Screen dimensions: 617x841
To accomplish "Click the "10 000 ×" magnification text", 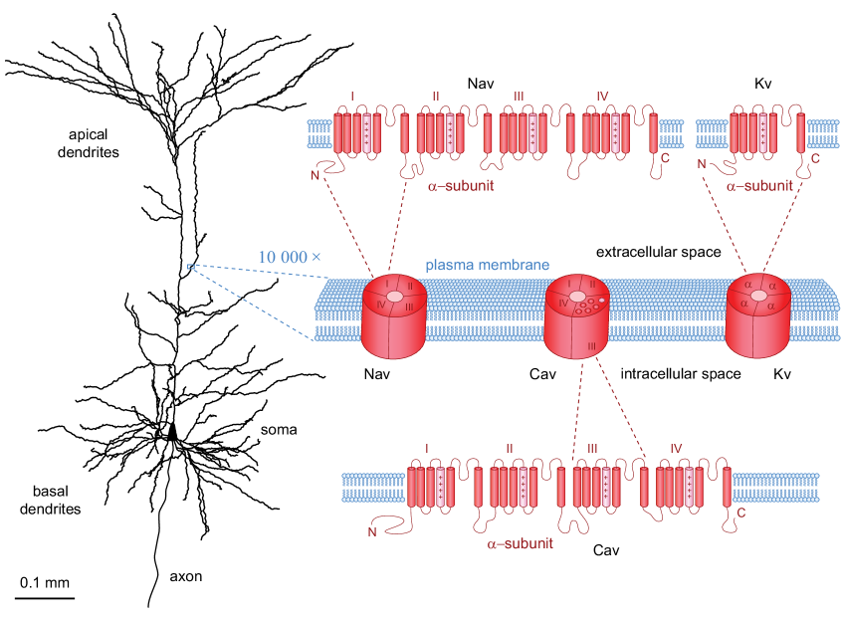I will click(x=290, y=257).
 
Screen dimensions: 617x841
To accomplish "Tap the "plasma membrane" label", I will click(x=487, y=266).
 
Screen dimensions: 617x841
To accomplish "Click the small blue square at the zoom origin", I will click(x=190, y=266).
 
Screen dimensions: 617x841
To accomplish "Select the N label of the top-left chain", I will click(x=315, y=175).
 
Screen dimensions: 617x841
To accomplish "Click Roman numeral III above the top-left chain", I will click(x=519, y=97).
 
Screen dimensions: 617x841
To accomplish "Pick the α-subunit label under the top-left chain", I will click(x=461, y=185).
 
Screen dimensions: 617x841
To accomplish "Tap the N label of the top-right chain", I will click(x=702, y=164).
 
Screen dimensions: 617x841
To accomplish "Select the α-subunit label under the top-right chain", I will click(x=759, y=185).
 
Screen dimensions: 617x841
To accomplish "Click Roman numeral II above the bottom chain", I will click(x=510, y=449).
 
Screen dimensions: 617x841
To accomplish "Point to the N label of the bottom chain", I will click(x=371, y=531).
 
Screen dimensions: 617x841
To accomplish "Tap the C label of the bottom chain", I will click(x=740, y=514).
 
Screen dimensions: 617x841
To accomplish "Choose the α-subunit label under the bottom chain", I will click(x=520, y=543).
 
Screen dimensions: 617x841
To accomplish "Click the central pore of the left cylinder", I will click(x=395, y=297).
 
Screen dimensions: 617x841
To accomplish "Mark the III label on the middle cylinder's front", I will click(x=591, y=345).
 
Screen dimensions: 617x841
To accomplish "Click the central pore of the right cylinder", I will click(x=759, y=296).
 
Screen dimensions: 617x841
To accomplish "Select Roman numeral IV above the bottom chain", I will click(x=677, y=449).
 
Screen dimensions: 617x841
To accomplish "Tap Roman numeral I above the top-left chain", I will click(x=351, y=97).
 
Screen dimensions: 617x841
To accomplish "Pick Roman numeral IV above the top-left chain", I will click(x=602, y=97).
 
